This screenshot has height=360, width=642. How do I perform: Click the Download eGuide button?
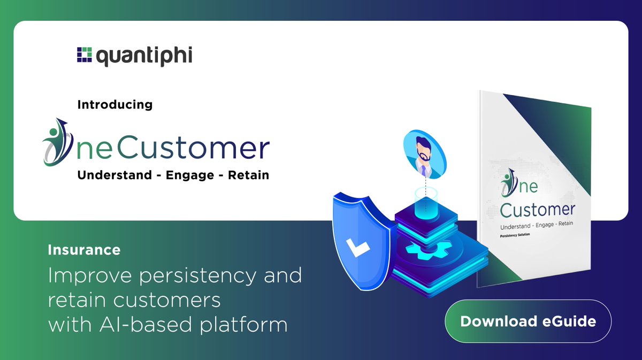point(528,321)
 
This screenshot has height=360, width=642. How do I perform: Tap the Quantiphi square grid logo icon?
point(85,56)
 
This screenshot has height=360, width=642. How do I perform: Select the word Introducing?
point(115,104)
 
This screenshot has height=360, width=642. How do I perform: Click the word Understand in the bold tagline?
point(114,175)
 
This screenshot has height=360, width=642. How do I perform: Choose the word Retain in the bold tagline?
point(249,175)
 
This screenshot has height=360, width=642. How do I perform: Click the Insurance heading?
point(84,249)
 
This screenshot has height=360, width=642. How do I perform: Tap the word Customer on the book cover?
point(537,209)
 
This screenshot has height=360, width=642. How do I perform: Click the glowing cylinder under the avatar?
point(426,203)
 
